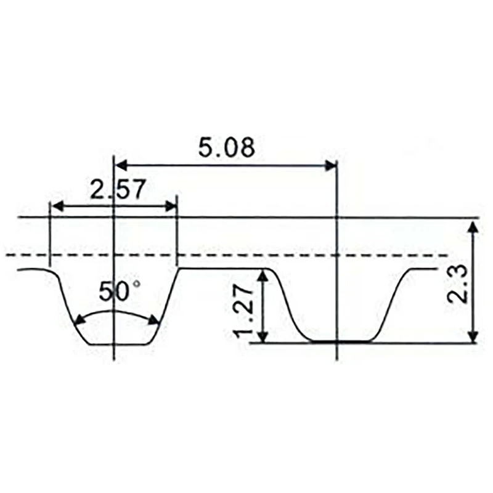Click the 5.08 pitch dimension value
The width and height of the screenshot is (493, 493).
coord(226,147)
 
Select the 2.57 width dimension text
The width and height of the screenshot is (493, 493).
coord(118,189)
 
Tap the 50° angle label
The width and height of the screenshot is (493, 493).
coord(120,291)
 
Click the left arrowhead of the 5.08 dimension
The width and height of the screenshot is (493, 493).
coord(121,165)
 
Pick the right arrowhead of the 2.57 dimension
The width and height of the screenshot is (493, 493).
coord(170,206)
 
